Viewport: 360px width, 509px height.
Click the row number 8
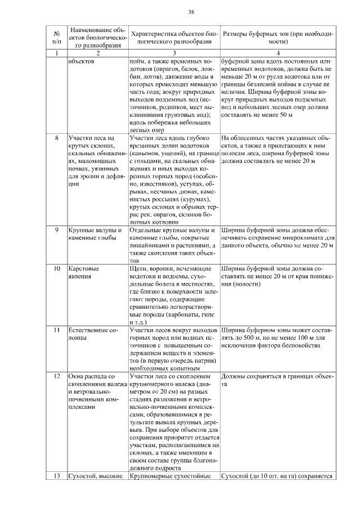[x=56, y=137]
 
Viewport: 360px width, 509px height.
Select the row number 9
[x=56, y=231]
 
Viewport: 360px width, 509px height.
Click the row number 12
[x=56, y=376]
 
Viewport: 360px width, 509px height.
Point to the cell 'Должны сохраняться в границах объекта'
[x=278, y=380]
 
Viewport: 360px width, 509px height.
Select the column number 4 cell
[x=278, y=53]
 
